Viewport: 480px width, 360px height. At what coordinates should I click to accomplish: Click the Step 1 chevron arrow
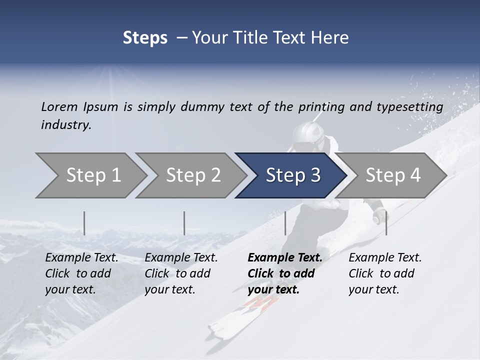click(90, 175)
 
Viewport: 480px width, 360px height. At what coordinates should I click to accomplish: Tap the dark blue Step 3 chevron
click(291, 175)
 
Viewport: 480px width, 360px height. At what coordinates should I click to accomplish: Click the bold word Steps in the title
click(145, 37)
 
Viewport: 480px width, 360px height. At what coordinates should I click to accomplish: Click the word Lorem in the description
click(59, 106)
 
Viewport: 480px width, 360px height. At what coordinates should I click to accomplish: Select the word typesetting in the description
click(412, 106)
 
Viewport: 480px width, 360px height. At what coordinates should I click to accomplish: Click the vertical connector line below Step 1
click(84, 223)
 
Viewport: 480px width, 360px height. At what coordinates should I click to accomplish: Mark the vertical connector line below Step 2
click(184, 223)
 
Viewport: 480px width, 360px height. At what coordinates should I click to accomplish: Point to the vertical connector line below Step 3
click(285, 223)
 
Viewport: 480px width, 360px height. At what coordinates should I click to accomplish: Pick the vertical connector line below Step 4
click(386, 223)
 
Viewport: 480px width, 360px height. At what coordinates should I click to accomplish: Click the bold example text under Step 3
click(284, 273)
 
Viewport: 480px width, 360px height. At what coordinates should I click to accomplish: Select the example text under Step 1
click(81, 273)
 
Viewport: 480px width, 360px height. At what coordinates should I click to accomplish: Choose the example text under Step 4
click(385, 273)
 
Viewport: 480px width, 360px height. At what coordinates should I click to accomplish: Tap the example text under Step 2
click(181, 273)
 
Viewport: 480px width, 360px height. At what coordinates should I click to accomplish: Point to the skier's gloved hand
click(380, 216)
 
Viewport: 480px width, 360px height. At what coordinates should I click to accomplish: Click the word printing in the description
click(321, 106)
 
